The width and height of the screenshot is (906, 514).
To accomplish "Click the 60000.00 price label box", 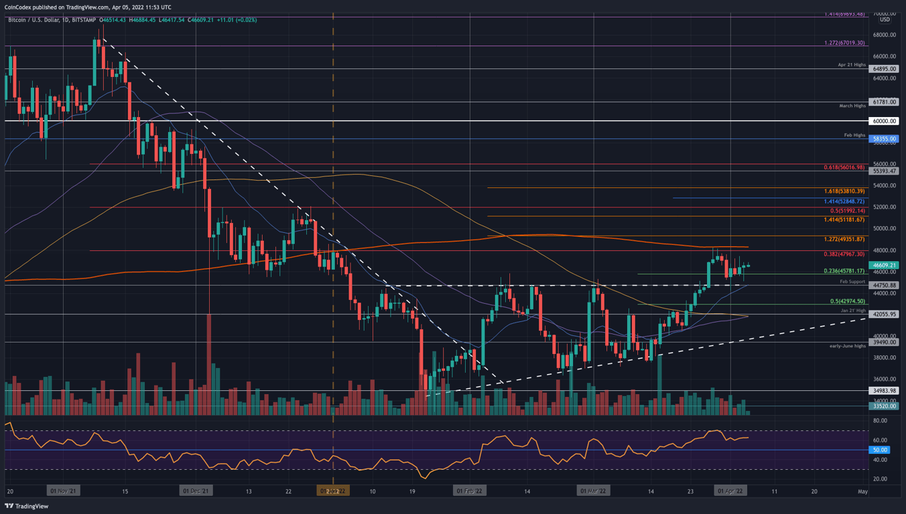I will pos(884,121).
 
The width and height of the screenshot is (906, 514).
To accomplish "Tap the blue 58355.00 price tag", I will pos(884,139).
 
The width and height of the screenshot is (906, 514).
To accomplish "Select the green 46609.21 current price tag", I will pos(884,265).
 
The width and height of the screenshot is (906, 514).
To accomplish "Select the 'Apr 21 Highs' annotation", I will pos(851,65).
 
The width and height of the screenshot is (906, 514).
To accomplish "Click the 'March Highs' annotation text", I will pos(852,106).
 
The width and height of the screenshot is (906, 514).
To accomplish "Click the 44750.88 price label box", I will pos(884,285).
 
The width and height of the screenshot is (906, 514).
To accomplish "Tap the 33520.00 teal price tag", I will pos(884,406).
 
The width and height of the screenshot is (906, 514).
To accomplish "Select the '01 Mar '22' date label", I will pos(594,491).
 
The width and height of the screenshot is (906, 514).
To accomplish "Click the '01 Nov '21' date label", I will pos(63,491).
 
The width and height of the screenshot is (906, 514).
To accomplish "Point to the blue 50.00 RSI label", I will pos(879,450).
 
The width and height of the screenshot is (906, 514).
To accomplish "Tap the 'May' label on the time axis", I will pos(863,491).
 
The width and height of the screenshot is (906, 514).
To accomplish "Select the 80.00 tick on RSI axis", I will pos(879,421).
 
